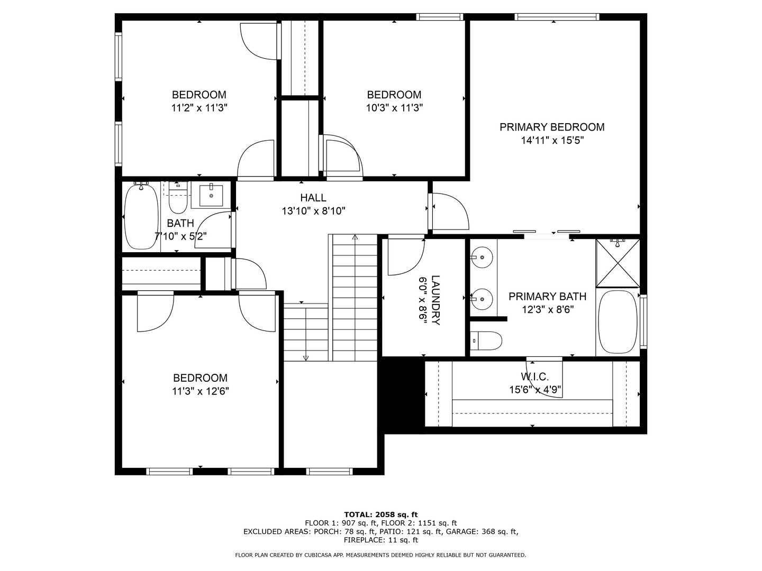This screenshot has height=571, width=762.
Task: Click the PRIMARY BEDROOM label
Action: click(x=552, y=127)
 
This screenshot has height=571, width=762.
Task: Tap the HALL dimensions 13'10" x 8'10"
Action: click(x=313, y=211)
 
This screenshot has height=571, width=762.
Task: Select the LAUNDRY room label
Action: click(x=436, y=300)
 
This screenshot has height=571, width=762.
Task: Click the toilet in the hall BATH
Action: click(x=178, y=197)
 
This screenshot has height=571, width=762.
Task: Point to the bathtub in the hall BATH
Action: click(x=141, y=217)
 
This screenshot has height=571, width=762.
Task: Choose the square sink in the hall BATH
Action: click(x=211, y=196)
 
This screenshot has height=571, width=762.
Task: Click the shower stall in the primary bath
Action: click(x=618, y=263)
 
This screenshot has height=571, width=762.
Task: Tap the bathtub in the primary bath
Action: click(x=618, y=321)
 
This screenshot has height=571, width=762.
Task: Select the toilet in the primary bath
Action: click(x=486, y=341)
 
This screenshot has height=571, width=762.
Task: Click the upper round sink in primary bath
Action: click(x=482, y=257)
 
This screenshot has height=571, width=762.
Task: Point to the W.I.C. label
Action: click(x=535, y=376)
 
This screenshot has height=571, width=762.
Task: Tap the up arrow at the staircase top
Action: click(x=355, y=237)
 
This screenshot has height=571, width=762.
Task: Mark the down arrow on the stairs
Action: click(x=306, y=358)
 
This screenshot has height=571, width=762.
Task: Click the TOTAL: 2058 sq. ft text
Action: click(x=381, y=514)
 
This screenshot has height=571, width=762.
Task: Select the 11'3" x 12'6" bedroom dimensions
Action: click(x=201, y=391)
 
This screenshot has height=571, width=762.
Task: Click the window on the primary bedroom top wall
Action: click(x=557, y=16)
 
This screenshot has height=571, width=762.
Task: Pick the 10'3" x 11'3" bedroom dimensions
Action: click(x=394, y=108)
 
